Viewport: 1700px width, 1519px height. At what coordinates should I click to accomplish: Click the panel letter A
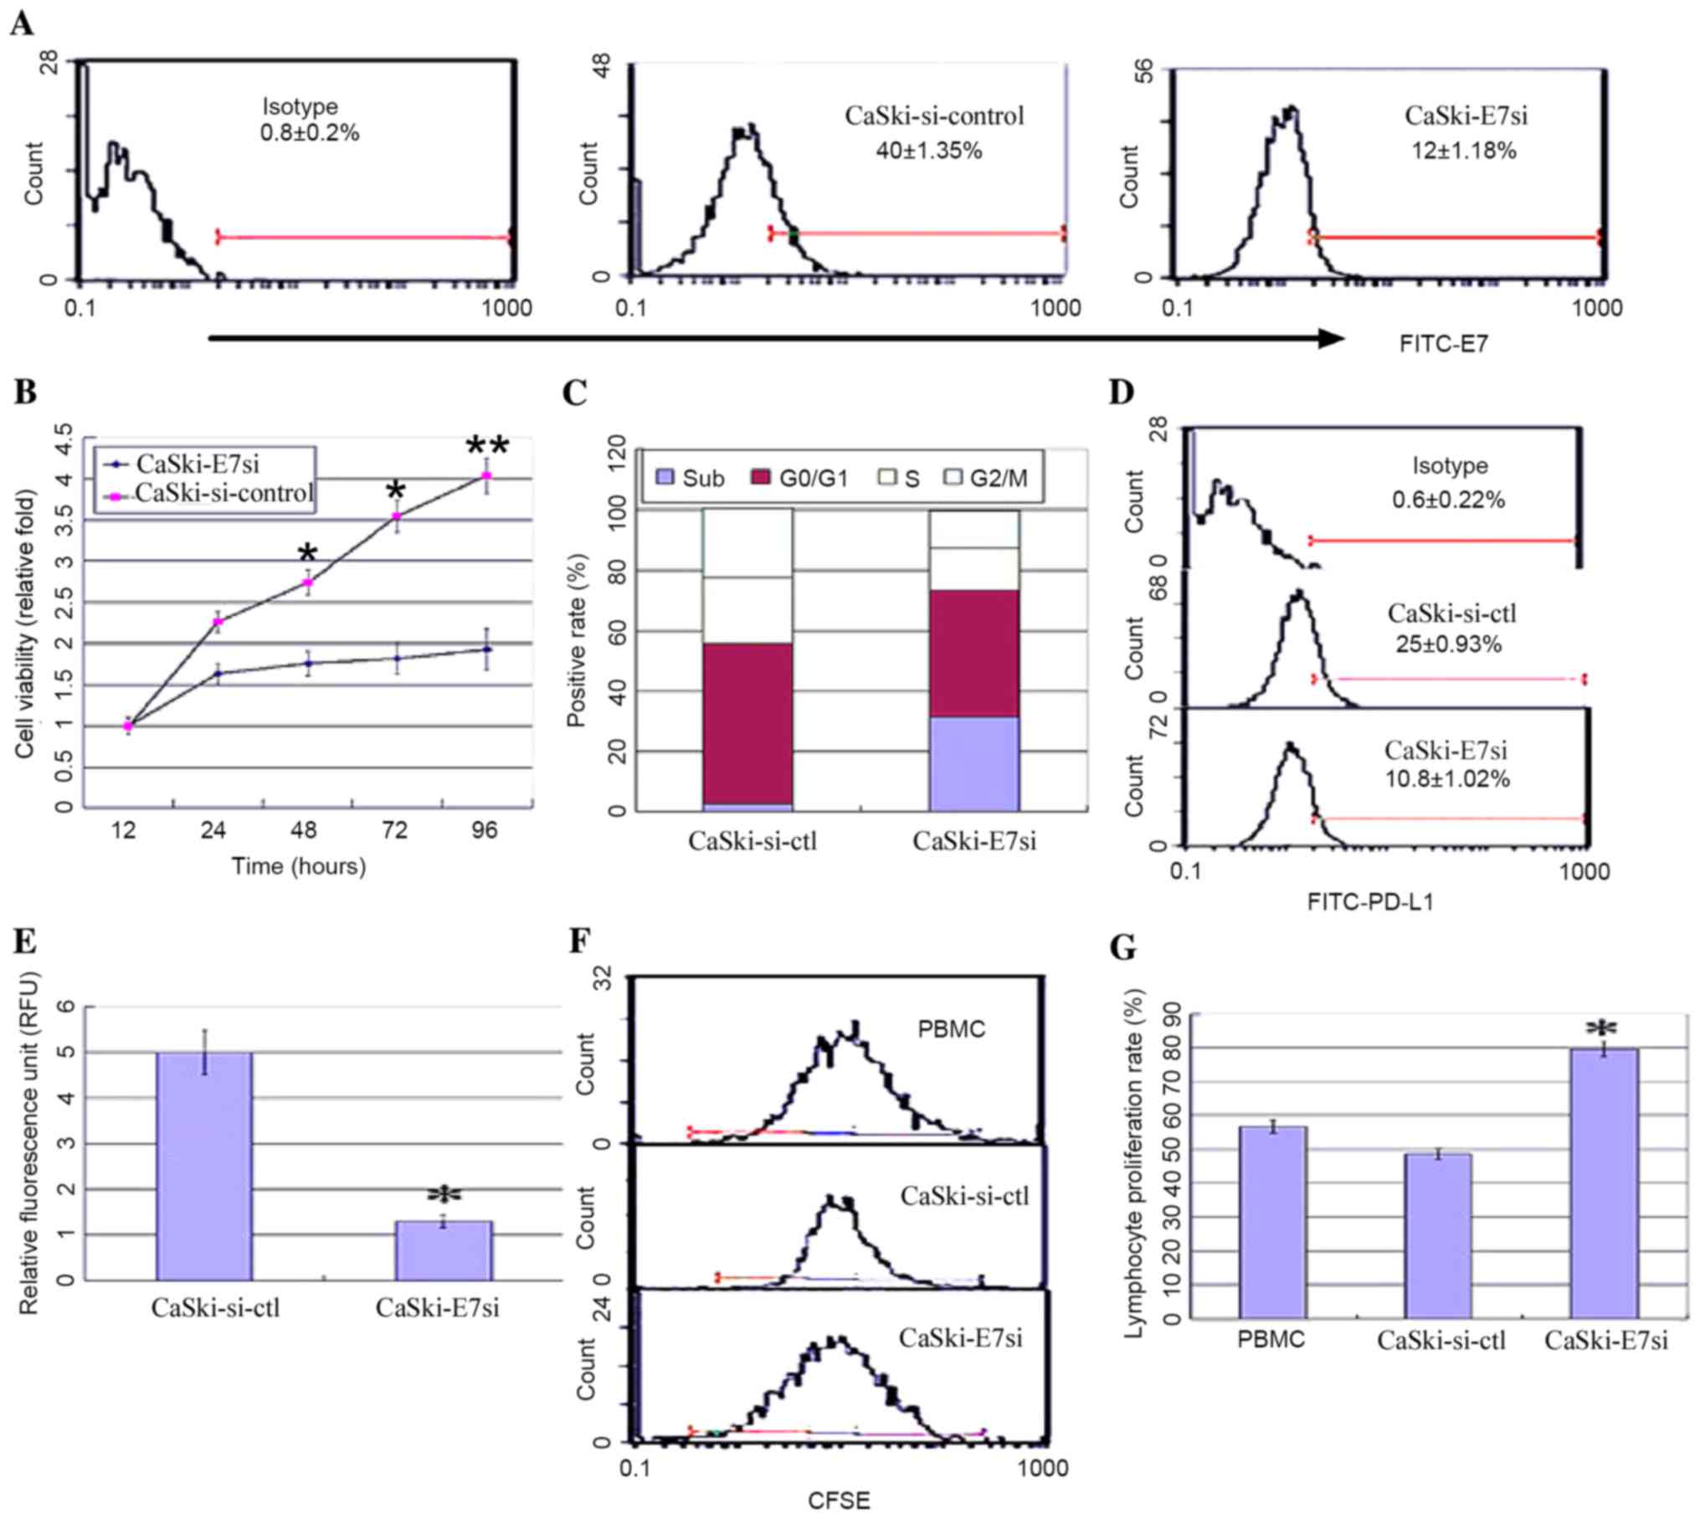22,24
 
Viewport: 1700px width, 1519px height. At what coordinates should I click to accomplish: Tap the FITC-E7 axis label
1444,344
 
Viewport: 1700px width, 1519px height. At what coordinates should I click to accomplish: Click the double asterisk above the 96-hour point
487,446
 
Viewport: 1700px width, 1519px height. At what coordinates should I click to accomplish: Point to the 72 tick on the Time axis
395,831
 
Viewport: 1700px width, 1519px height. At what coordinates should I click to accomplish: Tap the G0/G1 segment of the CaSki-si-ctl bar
747,724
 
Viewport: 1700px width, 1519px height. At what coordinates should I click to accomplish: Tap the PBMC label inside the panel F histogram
951,1029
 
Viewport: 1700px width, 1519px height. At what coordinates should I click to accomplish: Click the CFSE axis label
839,1501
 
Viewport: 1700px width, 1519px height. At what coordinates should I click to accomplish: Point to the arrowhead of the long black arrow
1331,338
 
